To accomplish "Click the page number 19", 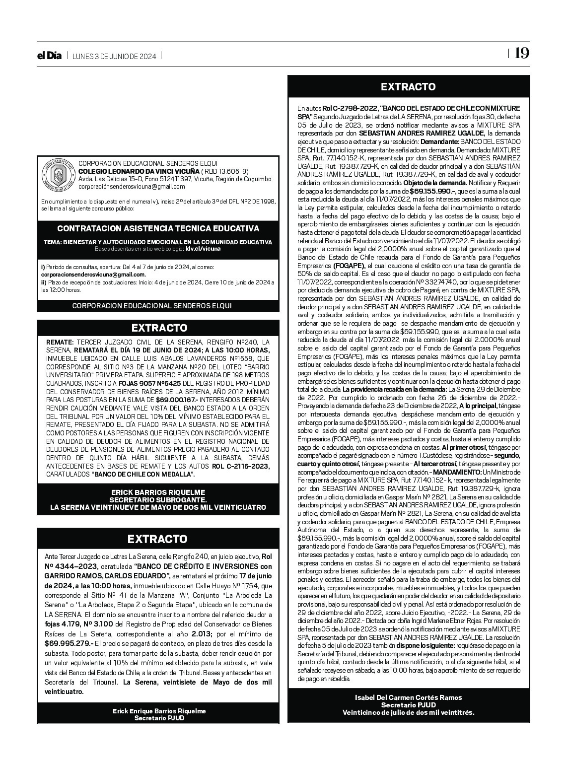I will click(x=521, y=54).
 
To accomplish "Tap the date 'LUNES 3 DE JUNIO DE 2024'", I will click(x=114, y=56).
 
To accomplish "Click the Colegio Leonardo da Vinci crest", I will click(x=57, y=174).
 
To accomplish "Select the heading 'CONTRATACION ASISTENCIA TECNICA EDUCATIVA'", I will click(x=158, y=229).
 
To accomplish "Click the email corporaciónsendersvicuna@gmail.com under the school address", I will click(x=132, y=187).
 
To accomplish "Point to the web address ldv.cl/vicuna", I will click(x=203, y=249).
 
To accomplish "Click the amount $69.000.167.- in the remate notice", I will click(x=177, y=399).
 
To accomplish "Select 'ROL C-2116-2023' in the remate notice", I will click(x=241, y=466).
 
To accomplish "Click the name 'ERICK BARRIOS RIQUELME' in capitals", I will click(x=158, y=492).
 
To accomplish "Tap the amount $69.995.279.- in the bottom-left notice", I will click(x=69, y=643).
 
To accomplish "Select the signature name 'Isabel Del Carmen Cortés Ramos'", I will click(x=408, y=697).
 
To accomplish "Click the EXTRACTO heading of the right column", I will click(x=408, y=87).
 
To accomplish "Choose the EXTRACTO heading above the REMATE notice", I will click(x=159, y=328).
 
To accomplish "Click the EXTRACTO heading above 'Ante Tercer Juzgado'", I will click(x=158, y=539).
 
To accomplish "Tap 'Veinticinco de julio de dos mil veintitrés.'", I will click(x=408, y=712).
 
